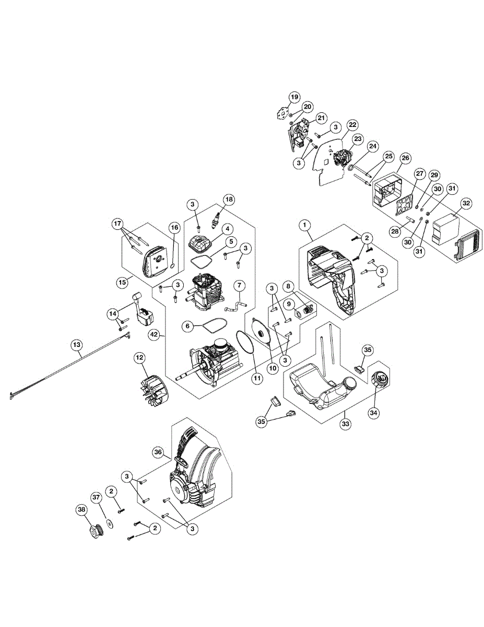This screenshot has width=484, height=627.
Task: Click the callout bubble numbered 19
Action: pos(294,97)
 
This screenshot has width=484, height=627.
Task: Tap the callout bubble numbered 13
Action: pos(77,345)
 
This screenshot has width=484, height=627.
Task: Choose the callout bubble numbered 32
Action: pos(466,204)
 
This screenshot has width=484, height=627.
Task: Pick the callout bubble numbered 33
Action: pos(345,424)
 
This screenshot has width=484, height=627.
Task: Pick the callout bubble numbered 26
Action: pos(406,158)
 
